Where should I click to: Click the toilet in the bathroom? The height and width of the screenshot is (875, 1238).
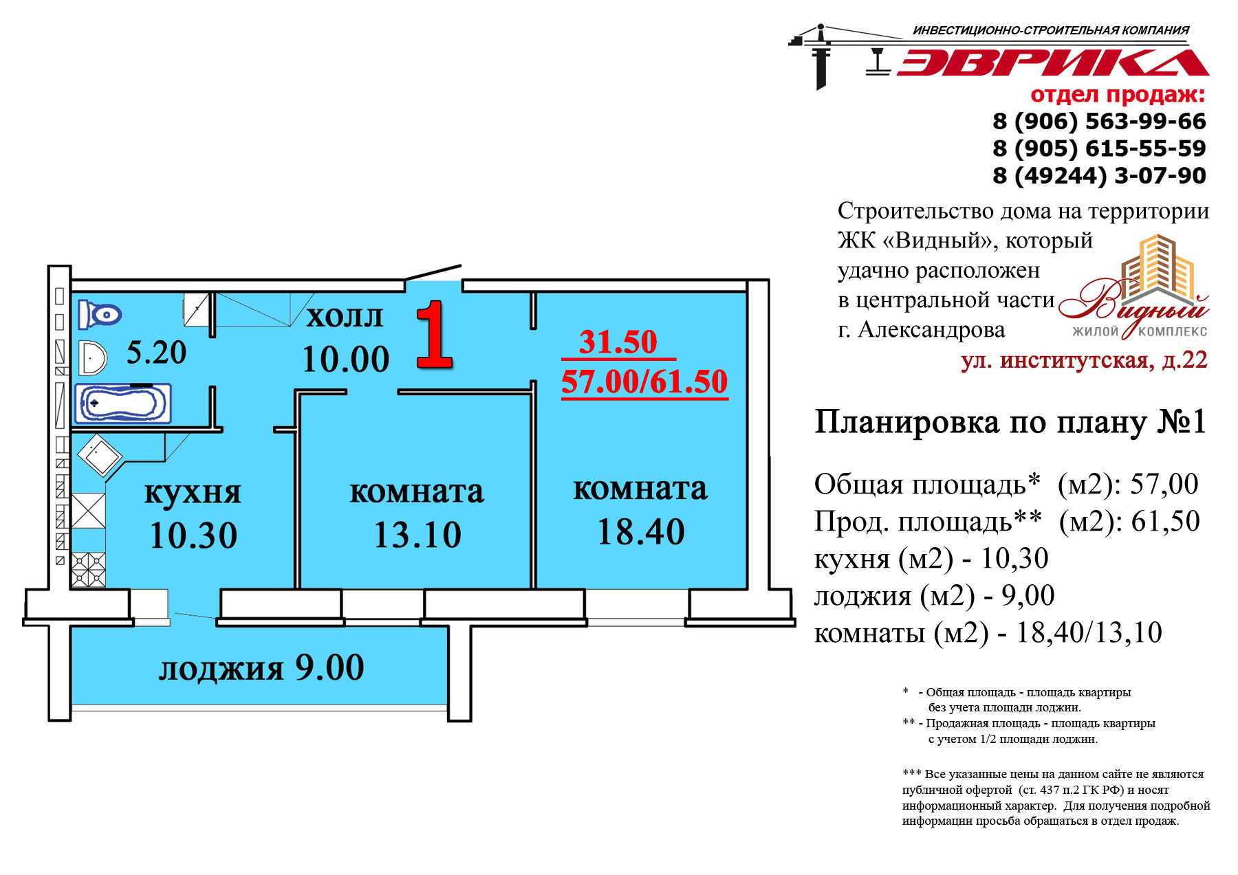(99, 315)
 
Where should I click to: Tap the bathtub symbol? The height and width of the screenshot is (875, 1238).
(124, 403)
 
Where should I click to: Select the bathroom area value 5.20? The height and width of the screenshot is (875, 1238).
(156, 353)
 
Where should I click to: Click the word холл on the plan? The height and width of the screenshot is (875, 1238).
(344, 317)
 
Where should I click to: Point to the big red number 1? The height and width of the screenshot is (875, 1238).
(435, 335)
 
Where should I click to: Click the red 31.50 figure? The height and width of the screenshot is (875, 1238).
(618, 342)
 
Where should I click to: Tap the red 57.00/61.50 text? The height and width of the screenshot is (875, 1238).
(644, 381)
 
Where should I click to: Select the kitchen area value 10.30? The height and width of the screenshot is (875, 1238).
(193, 535)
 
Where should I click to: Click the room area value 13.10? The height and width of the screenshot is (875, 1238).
(417, 535)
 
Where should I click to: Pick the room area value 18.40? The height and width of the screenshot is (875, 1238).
(641, 531)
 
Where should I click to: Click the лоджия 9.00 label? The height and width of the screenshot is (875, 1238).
(261, 668)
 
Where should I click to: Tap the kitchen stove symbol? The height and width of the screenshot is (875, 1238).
(88, 570)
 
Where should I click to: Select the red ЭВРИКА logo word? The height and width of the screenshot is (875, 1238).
(1052, 62)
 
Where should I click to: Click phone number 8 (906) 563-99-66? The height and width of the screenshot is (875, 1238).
(1099, 122)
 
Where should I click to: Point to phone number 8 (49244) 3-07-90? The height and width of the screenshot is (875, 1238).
(1099, 175)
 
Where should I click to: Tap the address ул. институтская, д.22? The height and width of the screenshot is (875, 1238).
(1084, 360)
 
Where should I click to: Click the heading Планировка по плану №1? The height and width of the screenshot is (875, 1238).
(1010, 422)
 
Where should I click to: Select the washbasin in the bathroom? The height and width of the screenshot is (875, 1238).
(92, 358)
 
